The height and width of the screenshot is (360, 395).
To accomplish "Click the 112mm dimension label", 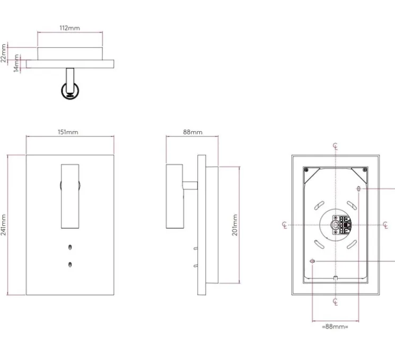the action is [70, 28].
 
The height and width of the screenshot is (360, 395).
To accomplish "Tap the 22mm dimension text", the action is [3, 53].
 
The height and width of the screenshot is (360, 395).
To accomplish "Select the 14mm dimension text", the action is [16, 63].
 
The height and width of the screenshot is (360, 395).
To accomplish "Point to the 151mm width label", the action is [68, 132].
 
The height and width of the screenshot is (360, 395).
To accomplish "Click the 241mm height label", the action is [3, 225].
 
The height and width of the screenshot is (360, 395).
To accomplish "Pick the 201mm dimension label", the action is [235, 225].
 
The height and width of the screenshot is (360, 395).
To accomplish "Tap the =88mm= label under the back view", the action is [335, 327].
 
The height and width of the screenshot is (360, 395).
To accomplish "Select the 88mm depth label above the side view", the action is [193, 132].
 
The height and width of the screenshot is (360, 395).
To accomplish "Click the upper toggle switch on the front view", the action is [70, 247].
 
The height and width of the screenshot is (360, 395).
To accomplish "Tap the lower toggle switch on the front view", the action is [70, 264].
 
